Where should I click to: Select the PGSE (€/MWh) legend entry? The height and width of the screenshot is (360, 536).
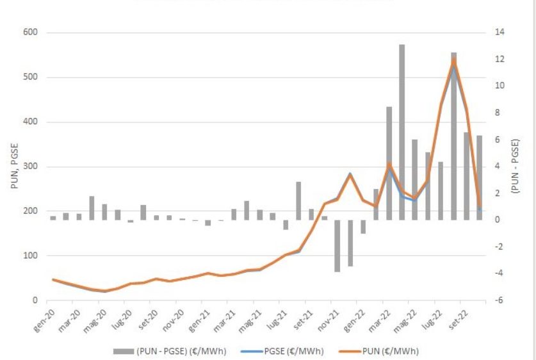(296, 350)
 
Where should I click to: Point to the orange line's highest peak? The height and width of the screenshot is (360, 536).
(454, 60)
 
